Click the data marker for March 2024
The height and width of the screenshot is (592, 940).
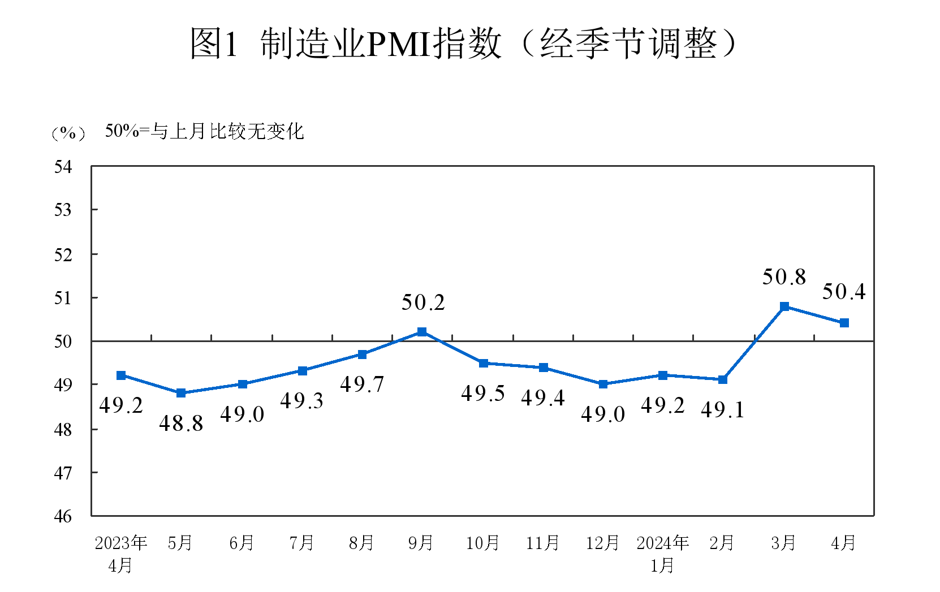[x=784, y=306]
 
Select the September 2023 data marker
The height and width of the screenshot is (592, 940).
[x=422, y=332]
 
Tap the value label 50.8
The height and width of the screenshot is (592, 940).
[x=784, y=277]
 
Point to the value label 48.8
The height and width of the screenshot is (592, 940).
[x=181, y=424]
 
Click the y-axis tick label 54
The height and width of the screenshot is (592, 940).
[x=63, y=167]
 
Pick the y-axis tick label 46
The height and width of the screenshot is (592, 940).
[x=63, y=516]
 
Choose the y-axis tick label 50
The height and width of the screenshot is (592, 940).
[x=63, y=341]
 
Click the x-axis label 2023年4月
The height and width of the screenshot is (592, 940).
[x=120, y=554]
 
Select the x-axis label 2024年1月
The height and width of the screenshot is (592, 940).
[x=662, y=554]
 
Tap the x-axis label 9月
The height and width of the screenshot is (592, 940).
[x=421, y=543]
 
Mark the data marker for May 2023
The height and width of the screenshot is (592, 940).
[x=181, y=393]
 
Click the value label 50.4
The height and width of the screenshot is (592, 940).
[x=844, y=292]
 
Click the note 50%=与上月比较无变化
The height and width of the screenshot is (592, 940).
[x=204, y=132]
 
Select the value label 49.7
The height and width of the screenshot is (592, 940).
[x=362, y=384]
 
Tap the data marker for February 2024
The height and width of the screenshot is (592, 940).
[x=723, y=379]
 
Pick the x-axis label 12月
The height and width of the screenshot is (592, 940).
[x=602, y=543]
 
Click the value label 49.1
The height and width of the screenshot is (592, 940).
[x=723, y=410]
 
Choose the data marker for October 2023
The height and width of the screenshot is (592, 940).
[x=484, y=363]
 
